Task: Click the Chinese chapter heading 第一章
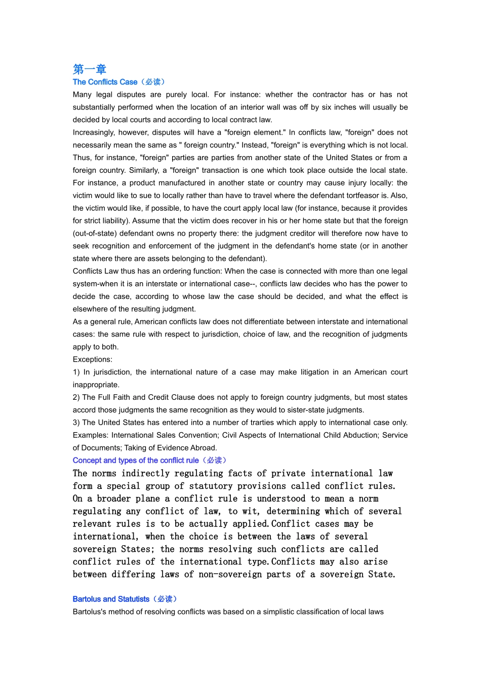click(89, 69)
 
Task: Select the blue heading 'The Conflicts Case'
click(105, 82)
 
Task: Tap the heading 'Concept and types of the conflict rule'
click(136, 461)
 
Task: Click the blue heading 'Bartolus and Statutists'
click(111, 599)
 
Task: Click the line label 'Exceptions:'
click(93, 360)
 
